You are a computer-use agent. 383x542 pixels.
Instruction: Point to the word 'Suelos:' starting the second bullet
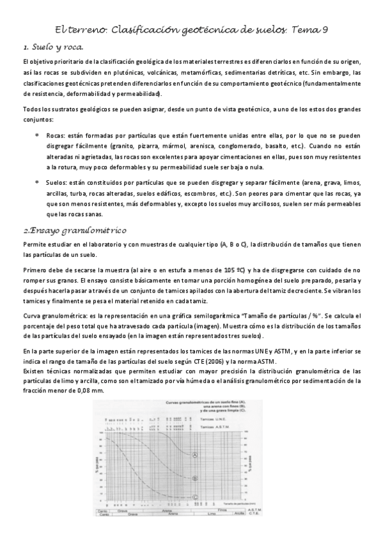[x=59, y=182]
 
